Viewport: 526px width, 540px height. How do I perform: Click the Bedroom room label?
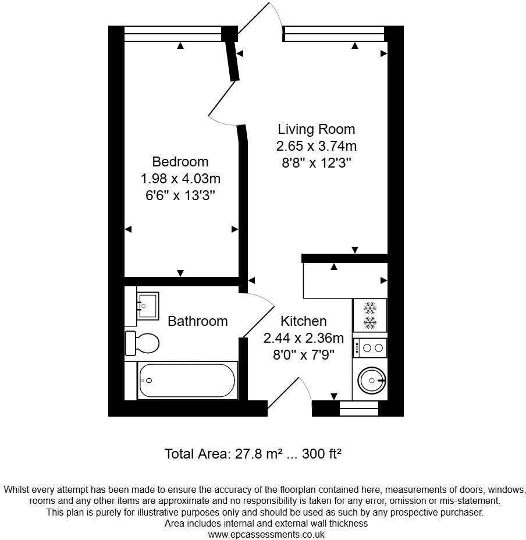coord(180,161)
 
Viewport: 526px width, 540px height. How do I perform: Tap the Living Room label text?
coord(316,129)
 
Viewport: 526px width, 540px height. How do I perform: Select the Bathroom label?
coord(197,321)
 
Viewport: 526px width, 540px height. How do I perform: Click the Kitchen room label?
coord(303,321)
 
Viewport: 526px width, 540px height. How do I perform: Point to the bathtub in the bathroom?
coord(187,381)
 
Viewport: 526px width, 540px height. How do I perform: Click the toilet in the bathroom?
coord(143,343)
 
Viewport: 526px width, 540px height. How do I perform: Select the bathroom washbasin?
coord(147,305)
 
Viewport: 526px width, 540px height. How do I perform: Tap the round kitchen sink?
coord(370,381)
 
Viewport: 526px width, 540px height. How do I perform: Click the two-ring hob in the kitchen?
coord(369,348)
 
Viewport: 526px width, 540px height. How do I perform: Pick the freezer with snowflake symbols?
coord(369,315)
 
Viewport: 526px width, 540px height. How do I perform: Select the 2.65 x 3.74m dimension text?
coord(316,145)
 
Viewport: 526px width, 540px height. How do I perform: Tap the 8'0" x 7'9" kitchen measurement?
coord(303,354)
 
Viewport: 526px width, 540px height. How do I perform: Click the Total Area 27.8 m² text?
coord(224,453)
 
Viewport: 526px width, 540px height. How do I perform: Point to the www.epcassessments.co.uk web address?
coord(266,534)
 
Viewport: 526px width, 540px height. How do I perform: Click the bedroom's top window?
coord(173,34)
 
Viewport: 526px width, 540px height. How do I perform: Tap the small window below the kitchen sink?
coord(358,410)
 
